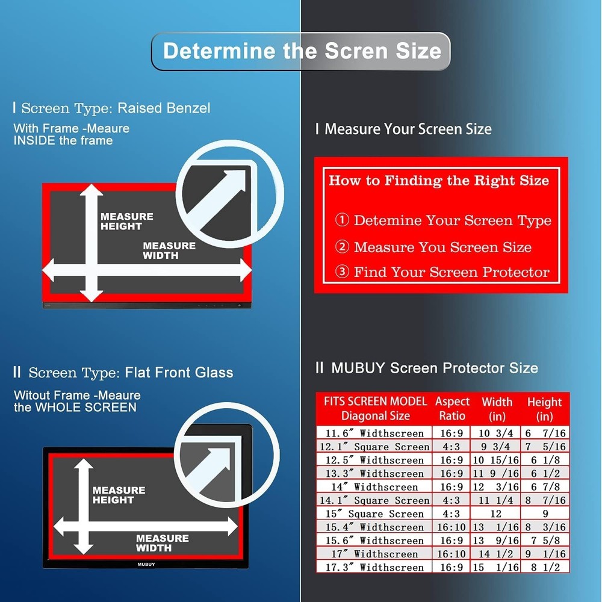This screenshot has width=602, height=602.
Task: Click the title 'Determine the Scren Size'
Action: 302,51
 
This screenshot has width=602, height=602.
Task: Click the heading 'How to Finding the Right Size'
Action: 439,181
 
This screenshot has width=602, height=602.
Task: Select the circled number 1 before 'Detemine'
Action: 342,220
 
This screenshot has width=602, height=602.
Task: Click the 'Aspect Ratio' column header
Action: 452,409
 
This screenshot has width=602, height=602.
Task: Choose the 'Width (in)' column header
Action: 497,409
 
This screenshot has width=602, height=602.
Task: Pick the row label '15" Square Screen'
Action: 374,514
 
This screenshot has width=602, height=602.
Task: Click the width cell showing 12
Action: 495,514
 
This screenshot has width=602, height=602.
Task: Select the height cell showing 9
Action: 545,514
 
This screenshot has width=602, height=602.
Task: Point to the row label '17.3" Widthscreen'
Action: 374,568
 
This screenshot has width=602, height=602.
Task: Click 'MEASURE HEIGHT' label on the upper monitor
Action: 127,222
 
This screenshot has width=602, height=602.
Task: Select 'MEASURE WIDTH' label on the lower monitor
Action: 162,543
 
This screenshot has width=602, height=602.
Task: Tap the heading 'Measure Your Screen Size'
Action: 408,129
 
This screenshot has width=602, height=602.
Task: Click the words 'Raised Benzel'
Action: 164,108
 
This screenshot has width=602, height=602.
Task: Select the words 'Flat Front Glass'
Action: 179,373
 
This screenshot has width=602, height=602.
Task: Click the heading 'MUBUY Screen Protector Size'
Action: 434,368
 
